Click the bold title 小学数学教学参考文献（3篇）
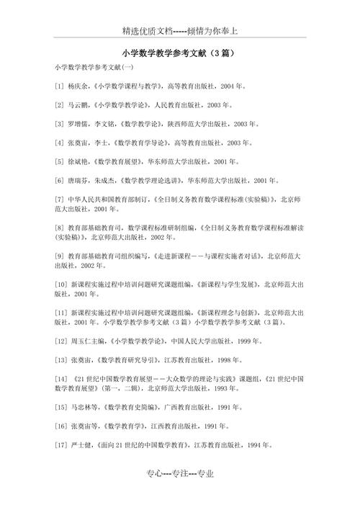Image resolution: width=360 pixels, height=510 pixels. point(179,53)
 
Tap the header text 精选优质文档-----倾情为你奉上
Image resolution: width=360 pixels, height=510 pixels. point(179,31)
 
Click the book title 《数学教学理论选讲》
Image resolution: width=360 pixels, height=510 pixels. point(148,180)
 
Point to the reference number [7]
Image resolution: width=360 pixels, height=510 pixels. point(59,199)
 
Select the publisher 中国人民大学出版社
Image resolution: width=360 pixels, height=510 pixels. point(197,341)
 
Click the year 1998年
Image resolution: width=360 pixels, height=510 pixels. point(231,359)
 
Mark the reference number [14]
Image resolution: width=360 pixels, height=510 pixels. point(61,378)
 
